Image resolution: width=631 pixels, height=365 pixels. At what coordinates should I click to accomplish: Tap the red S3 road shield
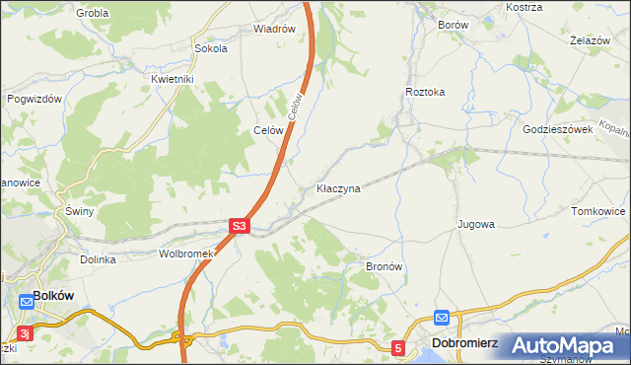tap(239, 226)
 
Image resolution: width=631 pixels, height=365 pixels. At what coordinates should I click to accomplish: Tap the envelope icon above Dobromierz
tap(442, 319)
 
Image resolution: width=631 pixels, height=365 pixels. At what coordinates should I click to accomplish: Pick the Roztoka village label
tap(425, 92)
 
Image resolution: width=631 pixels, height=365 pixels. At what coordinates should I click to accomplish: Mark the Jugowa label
tap(475, 225)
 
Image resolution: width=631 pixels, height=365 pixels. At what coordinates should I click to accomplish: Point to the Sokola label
tap(211, 47)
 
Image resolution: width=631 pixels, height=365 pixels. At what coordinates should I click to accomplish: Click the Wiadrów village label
tap(274, 29)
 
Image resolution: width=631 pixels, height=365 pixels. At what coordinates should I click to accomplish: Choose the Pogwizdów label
tap(35, 99)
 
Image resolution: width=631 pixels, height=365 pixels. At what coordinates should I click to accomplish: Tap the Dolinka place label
tap(99, 259)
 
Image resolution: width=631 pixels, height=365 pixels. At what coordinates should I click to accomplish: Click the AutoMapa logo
tap(564, 344)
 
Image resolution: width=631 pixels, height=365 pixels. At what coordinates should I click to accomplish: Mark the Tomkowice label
tap(598, 211)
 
